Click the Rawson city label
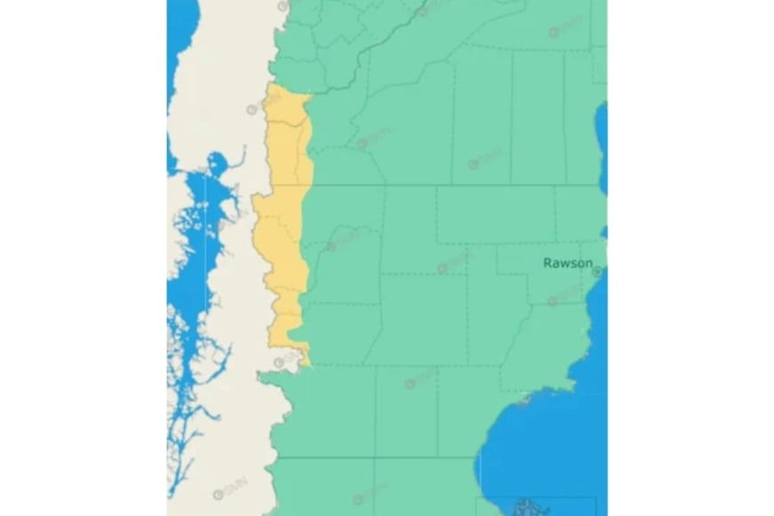pos(568,262)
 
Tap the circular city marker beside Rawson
pos(598,270)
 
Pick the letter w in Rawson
pos(566,262)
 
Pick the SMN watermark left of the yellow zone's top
pos(253,109)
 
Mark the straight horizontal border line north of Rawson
pos(445,185)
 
